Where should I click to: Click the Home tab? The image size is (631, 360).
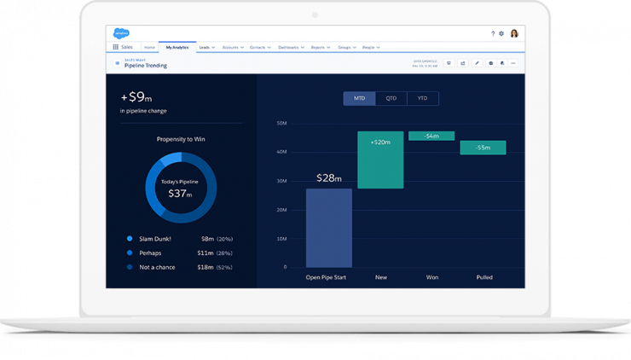coord(149,47)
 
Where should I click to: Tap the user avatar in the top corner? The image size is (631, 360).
coord(514,33)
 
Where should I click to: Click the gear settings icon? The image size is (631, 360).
coord(501,33)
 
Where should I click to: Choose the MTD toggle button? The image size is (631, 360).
coord(359,99)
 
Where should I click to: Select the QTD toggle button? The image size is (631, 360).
coord(391,99)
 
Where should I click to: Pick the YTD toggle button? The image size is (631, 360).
coord(423,99)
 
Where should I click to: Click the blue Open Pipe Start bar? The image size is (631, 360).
coord(329,228)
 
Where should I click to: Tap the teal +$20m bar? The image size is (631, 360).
coord(380,160)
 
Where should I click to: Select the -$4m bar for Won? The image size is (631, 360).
coord(431,136)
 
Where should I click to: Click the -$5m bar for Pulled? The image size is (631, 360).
coord(483,148)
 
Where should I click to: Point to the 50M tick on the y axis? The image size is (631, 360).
coord(281,123)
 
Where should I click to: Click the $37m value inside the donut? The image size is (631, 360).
coord(180,194)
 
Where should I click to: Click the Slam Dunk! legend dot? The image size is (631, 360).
coord(130,239)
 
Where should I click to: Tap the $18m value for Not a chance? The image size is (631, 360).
coord(206,267)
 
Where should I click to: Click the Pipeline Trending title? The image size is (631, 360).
coord(146,66)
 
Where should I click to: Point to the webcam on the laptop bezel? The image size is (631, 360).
coord(315,14)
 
